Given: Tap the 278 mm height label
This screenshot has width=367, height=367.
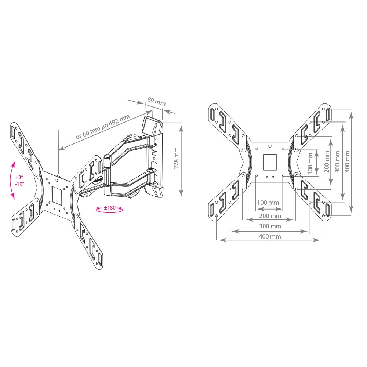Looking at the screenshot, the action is point(176,158).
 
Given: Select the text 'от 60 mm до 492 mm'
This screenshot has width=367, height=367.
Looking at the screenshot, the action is point(103,127).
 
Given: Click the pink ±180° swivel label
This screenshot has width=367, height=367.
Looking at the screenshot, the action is point(110,208).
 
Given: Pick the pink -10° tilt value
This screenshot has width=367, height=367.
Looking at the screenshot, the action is point(20,184).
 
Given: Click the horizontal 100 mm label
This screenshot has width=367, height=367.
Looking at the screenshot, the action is point(268,203).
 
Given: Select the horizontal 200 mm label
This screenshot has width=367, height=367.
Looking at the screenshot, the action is point(270,215).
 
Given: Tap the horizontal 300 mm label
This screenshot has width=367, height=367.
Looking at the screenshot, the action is point(270,226).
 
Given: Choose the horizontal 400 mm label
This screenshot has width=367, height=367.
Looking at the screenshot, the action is point(270,236).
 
